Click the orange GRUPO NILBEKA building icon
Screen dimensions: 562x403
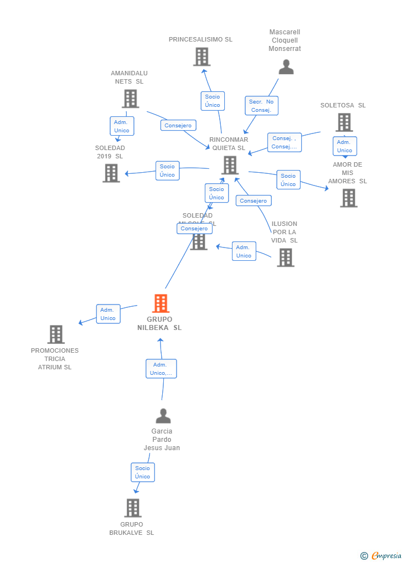click(161, 303)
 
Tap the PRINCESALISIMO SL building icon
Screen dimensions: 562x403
click(201, 56)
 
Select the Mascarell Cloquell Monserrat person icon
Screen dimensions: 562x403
click(286, 67)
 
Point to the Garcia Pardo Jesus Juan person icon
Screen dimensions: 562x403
click(163, 416)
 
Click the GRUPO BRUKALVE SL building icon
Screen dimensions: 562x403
click(132, 508)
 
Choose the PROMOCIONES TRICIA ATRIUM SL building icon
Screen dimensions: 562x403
click(55, 334)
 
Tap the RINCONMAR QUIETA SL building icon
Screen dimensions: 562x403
click(230, 165)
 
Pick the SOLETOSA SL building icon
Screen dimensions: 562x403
click(344, 122)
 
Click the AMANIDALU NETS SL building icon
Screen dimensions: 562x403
click(130, 99)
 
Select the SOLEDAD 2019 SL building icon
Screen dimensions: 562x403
click(111, 173)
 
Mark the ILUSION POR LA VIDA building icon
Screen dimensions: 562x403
click(285, 257)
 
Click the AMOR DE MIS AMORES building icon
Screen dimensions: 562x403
click(348, 198)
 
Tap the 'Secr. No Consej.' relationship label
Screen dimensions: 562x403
click(261, 106)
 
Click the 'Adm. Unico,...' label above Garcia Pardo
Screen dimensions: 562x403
click(161, 369)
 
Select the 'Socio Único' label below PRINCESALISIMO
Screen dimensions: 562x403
click(213, 100)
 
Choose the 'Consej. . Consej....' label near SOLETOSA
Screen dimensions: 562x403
click(285, 142)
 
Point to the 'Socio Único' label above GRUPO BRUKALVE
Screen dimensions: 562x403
click(142, 472)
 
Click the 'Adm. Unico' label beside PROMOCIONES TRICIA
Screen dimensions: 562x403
click(108, 314)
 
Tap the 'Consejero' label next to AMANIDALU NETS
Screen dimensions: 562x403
click(178, 125)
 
